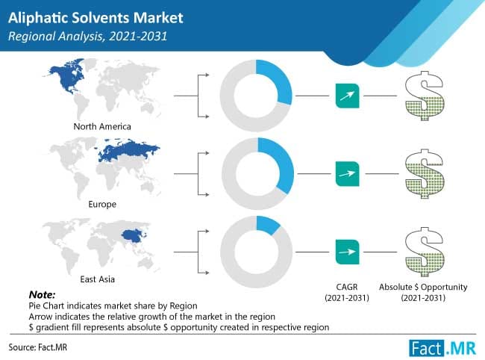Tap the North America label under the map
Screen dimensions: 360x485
(x=103, y=125)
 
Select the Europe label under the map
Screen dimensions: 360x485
(x=102, y=202)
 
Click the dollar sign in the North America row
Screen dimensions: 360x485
(x=422, y=95)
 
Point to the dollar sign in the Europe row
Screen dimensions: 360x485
(x=422, y=173)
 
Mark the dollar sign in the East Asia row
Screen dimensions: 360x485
(x=422, y=250)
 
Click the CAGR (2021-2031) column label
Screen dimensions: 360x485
(x=348, y=292)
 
